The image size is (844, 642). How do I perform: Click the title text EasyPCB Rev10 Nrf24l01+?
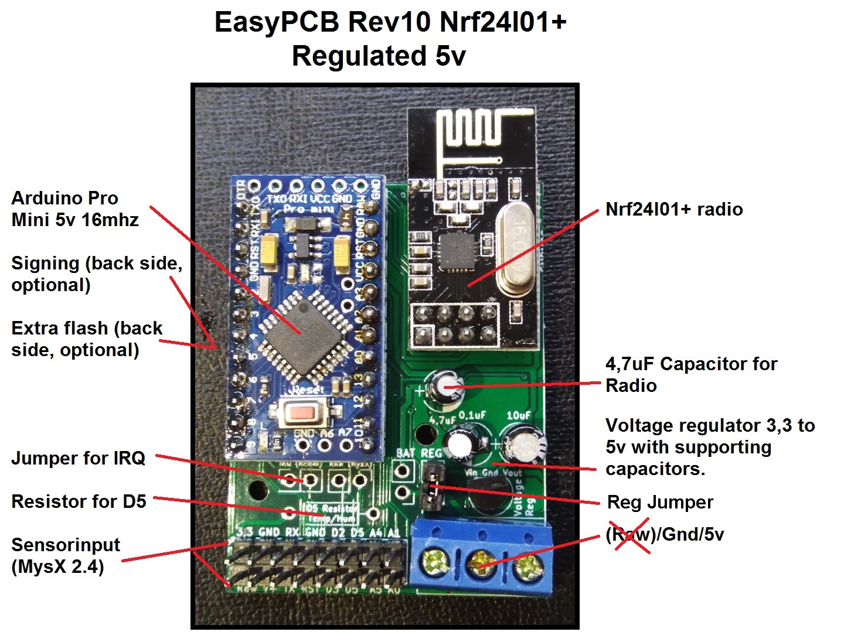pyautogui.click(x=390, y=22)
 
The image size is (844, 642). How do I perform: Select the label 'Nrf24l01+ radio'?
pyautogui.click(x=674, y=209)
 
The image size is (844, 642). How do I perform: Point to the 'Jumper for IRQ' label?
pyautogui.click(x=78, y=457)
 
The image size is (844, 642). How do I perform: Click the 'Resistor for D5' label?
pyautogui.click(x=79, y=501)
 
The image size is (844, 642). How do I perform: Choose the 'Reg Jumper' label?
pyautogui.click(x=660, y=502)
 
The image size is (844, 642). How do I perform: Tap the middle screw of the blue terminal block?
pyautogui.click(x=481, y=564)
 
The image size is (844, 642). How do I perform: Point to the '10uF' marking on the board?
pyautogui.click(x=518, y=415)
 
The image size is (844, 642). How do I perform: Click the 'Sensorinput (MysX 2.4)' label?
pyautogui.click(x=65, y=555)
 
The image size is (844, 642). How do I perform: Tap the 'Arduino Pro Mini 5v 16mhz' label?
pyautogui.click(x=74, y=209)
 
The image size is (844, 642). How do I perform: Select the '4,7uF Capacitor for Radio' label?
pyautogui.click(x=690, y=374)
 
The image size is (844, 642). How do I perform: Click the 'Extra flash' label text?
pyautogui.click(x=86, y=339)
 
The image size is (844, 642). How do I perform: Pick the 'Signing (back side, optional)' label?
pyautogui.click(x=96, y=274)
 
